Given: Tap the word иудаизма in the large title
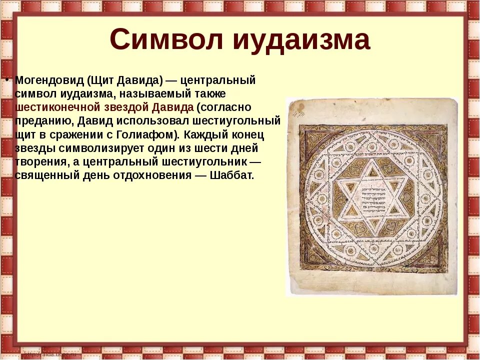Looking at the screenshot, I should tap(301, 40).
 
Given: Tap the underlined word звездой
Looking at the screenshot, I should tap(126, 107).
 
